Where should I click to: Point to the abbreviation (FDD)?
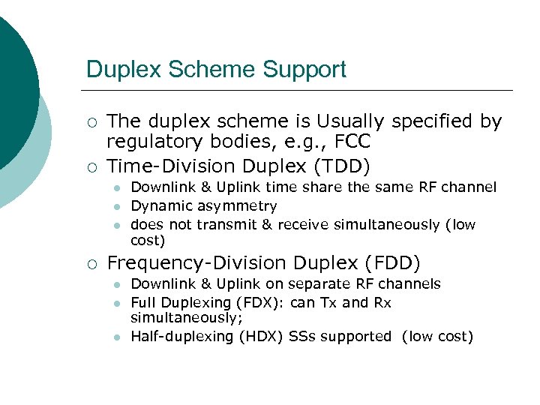393,263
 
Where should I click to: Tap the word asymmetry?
240,205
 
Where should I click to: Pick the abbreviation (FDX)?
259,303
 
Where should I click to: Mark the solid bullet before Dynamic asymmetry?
117,206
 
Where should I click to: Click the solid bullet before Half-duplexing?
117,337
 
